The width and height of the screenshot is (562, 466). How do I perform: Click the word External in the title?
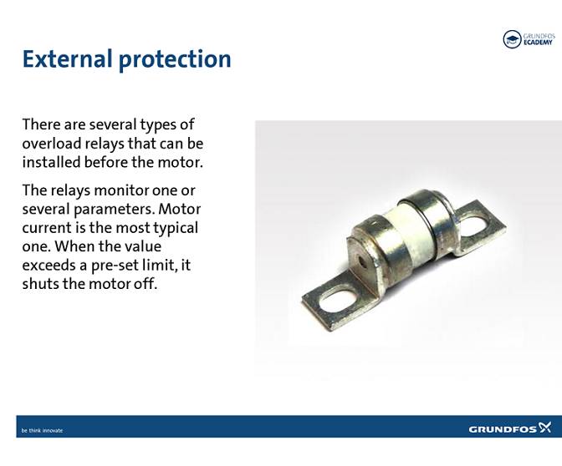point(68,59)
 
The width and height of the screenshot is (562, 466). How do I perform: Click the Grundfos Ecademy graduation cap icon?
point(512,39)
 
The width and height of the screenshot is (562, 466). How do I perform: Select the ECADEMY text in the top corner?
point(539,43)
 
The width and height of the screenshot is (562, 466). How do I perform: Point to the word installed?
point(50,161)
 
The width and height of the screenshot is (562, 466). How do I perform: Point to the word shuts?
point(41,283)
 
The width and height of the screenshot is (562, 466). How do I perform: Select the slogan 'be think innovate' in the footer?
point(42,430)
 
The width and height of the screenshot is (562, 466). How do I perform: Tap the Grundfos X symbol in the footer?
point(544,428)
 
